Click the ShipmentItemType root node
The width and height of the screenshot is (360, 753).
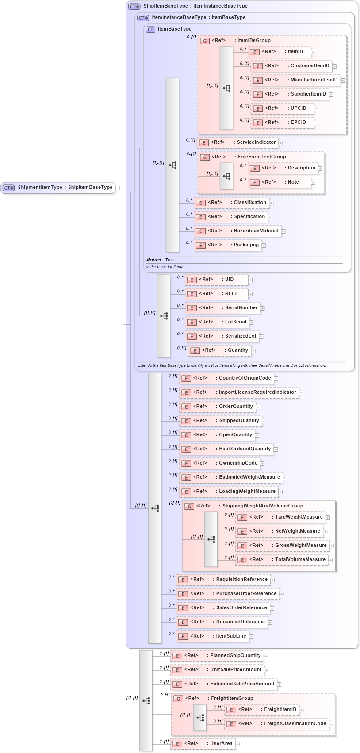[x=58, y=188]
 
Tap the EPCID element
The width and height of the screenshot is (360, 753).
[x=283, y=123]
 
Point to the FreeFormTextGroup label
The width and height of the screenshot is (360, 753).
[x=261, y=157]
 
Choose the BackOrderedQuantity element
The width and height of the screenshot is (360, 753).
[x=226, y=449]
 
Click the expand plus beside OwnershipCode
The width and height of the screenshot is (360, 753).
[x=262, y=464]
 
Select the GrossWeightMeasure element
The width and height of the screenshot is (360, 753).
[x=283, y=546]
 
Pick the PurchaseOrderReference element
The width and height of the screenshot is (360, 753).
[x=228, y=594]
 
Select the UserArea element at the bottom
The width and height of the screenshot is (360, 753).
[x=203, y=744]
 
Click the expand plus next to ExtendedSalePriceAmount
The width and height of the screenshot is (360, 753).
[x=280, y=684]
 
